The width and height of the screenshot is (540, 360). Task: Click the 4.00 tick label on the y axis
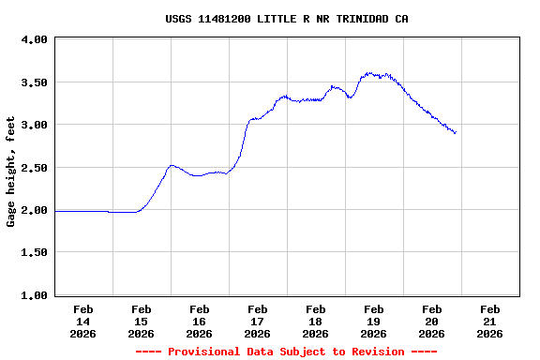[35, 40]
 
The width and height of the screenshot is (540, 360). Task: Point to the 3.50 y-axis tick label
[35, 82]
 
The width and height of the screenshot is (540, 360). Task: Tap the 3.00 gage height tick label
[35, 125]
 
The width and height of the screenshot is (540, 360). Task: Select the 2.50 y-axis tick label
[35, 168]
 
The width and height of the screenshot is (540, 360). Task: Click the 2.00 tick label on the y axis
[35, 210]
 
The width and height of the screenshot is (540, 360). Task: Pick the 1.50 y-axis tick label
[35, 253]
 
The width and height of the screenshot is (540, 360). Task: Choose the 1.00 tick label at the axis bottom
[35, 295]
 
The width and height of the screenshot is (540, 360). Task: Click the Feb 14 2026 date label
[83, 321]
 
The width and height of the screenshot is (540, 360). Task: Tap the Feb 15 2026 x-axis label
[142, 321]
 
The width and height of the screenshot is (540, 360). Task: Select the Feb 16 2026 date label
[200, 321]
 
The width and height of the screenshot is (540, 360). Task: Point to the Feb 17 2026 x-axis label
[258, 321]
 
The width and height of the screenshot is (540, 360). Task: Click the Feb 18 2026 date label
[316, 321]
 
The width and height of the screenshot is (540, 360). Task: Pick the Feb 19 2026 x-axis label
[374, 321]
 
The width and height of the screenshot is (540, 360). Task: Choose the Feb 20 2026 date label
[432, 321]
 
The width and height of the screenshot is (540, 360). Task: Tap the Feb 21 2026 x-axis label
[490, 321]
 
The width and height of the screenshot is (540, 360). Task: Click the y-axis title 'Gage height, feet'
[11, 172]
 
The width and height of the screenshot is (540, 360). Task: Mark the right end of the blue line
[456, 133]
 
